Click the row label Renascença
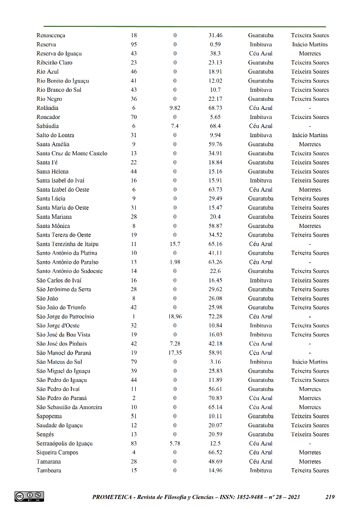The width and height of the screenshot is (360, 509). click(51, 35)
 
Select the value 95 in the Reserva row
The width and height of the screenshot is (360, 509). click(133, 44)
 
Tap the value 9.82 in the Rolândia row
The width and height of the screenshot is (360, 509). click(175, 108)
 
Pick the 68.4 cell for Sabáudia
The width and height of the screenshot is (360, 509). click(215, 126)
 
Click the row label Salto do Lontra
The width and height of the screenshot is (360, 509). click(55, 135)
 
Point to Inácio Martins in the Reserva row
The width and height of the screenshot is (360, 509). click(310, 44)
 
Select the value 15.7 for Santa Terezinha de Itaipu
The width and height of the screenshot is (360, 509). click(175, 244)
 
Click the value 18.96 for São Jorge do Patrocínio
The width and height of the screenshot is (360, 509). click(175, 316)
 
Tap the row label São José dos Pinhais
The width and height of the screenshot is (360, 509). click(62, 344)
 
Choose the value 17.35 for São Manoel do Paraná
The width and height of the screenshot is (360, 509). click(175, 353)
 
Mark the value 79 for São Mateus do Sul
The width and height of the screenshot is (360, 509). click(133, 362)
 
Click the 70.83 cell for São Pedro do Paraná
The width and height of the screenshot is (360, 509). click(215, 398)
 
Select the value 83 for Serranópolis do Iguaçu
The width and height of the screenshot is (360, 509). click(133, 444)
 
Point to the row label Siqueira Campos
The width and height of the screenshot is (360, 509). click(57, 453)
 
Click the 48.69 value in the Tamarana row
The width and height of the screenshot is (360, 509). click(215, 462)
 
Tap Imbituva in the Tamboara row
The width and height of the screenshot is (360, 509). click(261, 471)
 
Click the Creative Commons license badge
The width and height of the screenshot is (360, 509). click(29, 496)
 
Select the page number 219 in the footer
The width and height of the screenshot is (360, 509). click(330, 497)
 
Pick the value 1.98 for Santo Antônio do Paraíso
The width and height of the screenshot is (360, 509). click(175, 262)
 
